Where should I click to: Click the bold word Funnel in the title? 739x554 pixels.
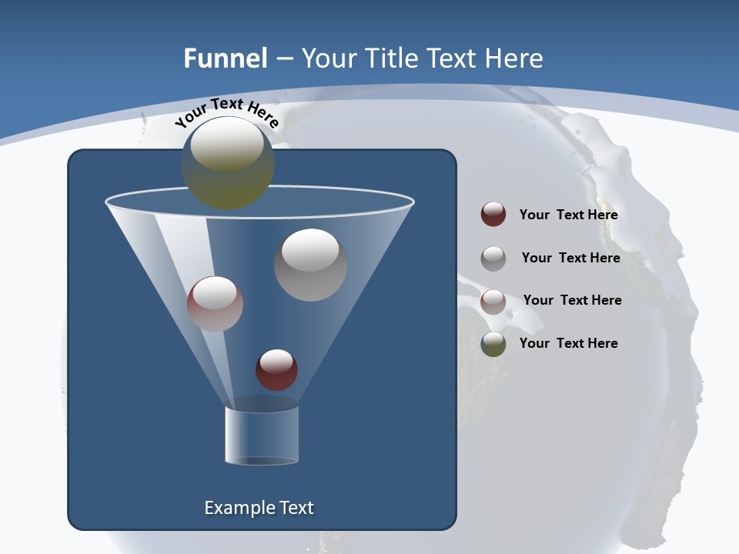click(225, 58)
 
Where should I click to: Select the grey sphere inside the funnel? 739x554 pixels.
click(310, 265)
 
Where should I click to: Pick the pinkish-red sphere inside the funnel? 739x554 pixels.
click(215, 304)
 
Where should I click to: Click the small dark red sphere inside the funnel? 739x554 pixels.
click(276, 370)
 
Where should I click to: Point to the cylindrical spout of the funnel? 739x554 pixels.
click(262, 436)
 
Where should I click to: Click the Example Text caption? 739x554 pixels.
click(259, 508)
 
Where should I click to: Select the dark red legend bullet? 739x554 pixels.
click(493, 215)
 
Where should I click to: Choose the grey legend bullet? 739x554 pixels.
click(493, 259)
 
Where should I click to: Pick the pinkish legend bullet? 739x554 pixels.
click(493, 302)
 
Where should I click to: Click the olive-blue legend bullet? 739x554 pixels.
click(493, 344)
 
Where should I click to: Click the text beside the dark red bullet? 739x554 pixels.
click(568, 215)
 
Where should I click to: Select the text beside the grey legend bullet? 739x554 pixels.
click(570, 258)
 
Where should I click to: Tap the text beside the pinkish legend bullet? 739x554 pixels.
click(572, 300)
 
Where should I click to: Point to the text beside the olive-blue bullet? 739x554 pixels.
click(568, 343)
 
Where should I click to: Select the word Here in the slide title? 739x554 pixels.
click(509, 58)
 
